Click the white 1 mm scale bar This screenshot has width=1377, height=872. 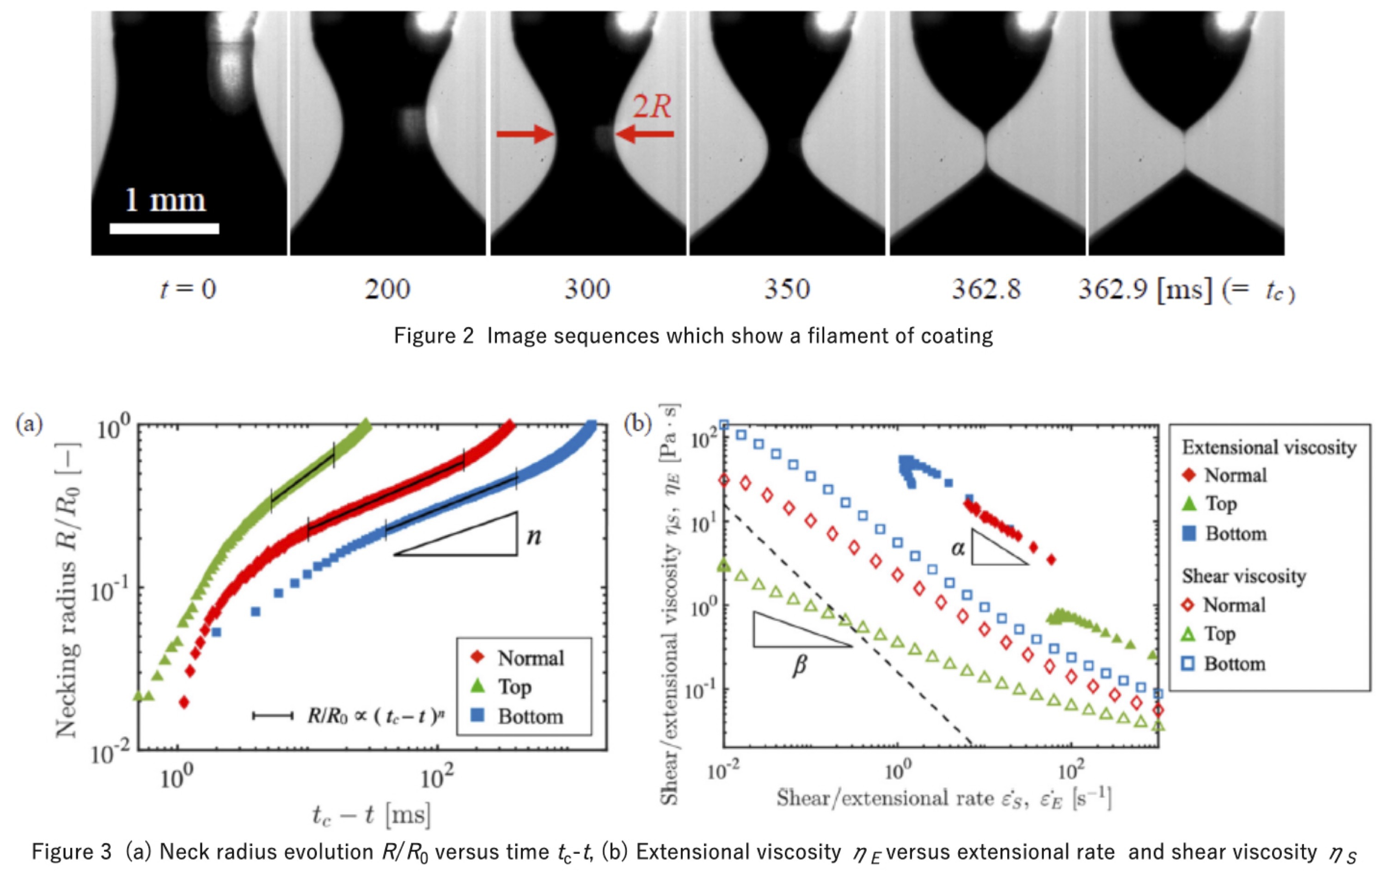pyautogui.click(x=164, y=229)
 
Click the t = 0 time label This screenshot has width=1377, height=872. pyautogui.click(x=188, y=289)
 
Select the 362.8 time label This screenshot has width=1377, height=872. pyautogui.click(x=986, y=289)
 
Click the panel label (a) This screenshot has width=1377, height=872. pyautogui.click(x=29, y=425)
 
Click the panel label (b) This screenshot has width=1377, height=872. pyautogui.click(x=637, y=425)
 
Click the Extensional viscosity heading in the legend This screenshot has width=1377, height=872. pyautogui.click(x=1268, y=447)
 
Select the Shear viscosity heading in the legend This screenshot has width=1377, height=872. pyautogui.click(x=1244, y=576)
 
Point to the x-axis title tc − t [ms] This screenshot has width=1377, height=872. pyautogui.click(x=371, y=814)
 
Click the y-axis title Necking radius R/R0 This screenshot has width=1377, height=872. pyautogui.click(x=67, y=589)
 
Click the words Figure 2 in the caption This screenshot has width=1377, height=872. pyautogui.click(x=434, y=335)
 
